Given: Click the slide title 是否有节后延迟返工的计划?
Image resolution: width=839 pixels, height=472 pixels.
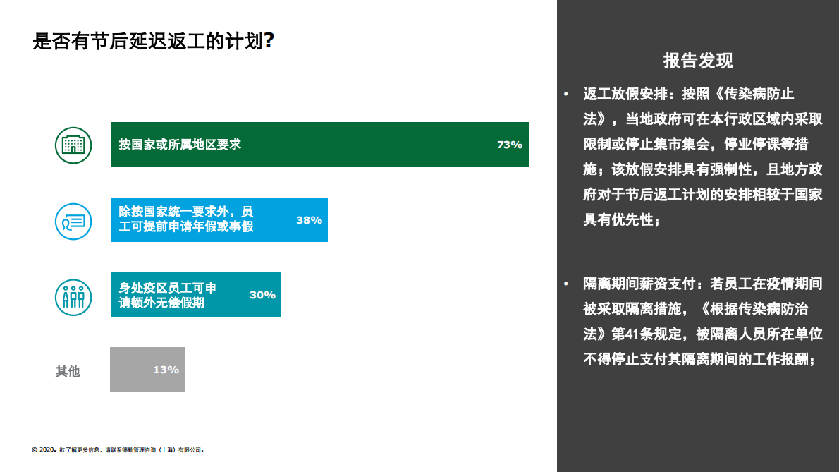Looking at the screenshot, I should [153, 41].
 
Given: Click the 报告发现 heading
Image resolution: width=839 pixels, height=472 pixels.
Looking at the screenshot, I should [698, 61].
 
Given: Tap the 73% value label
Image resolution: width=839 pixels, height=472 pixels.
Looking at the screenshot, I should [509, 145].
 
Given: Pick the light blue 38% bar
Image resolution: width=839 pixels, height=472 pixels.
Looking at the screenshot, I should [219, 219].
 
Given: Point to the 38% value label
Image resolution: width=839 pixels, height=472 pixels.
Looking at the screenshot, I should [309, 220].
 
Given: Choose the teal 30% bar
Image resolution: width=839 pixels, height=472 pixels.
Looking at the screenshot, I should [195, 294].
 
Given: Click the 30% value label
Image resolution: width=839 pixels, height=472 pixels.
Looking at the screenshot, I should [262, 295].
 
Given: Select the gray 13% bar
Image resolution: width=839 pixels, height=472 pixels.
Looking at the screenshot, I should [147, 369].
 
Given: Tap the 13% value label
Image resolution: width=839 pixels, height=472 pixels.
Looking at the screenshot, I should [166, 370].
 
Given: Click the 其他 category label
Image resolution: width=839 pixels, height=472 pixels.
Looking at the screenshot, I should [68, 371].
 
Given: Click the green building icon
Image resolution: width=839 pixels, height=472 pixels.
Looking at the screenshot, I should [73, 145].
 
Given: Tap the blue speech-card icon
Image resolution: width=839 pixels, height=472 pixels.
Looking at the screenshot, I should [73, 220].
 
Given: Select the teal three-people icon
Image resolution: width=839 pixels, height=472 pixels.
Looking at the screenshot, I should [73, 296].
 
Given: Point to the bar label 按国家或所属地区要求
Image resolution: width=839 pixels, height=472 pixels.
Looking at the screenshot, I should [180, 145].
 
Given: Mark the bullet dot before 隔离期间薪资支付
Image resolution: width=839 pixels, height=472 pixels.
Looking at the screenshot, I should [565, 284].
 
